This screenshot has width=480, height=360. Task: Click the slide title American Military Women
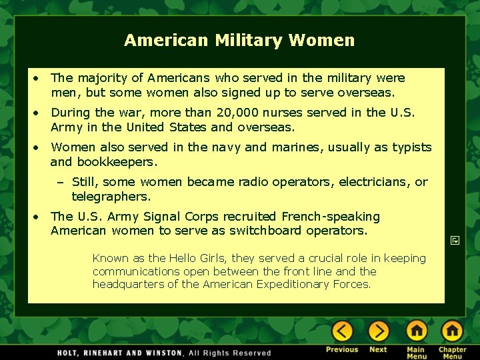click(x=239, y=41)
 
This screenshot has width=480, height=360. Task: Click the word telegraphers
click(x=111, y=197)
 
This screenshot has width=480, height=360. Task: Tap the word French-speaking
click(x=331, y=217)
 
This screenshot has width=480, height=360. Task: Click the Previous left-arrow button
click(x=342, y=331)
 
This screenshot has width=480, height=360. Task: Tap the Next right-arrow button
click(x=378, y=331)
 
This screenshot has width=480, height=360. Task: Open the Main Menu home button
click(x=417, y=331)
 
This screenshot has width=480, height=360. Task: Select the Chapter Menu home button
click(x=452, y=331)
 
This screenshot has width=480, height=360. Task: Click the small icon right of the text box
click(x=453, y=238)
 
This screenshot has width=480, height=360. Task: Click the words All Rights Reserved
click(x=230, y=353)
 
